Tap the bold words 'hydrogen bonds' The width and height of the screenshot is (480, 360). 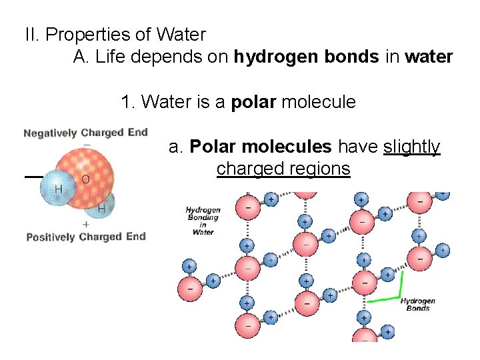click(306, 57)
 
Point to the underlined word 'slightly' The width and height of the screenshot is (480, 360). click(412, 147)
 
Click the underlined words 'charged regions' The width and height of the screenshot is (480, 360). click(283, 169)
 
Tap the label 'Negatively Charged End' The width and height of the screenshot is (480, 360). click(85, 133)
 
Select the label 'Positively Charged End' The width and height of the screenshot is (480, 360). click(85, 237)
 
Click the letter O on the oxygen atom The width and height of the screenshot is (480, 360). click(85, 179)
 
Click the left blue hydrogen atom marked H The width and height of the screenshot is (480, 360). click(59, 189)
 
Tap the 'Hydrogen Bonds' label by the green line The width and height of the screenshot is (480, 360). click(418, 305)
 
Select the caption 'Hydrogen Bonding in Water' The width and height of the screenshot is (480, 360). click(203, 221)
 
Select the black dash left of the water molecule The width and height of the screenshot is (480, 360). click(33, 177)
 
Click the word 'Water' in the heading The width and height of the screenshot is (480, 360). click(182, 34)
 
